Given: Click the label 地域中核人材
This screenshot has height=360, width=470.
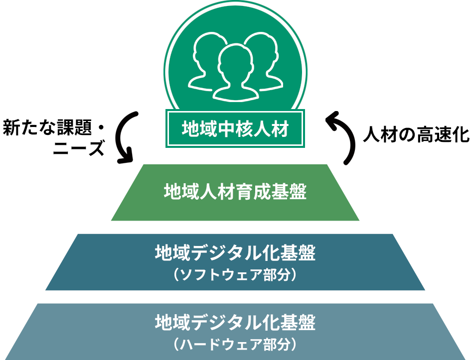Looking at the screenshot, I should [x=235, y=129].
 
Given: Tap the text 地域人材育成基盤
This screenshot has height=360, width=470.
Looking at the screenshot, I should [x=235, y=191].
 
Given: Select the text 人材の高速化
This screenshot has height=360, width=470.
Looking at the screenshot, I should [x=415, y=134].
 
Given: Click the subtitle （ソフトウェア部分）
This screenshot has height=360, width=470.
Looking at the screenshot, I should [x=235, y=274].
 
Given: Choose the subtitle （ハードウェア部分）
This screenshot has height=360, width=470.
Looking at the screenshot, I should [x=235, y=344].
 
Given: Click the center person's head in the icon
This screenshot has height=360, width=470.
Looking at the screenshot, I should [x=235, y=60].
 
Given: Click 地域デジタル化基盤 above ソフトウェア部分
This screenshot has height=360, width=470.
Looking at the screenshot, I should [x=235, y=253].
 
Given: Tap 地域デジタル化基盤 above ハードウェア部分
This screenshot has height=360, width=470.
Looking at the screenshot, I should [x=235, y=323].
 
